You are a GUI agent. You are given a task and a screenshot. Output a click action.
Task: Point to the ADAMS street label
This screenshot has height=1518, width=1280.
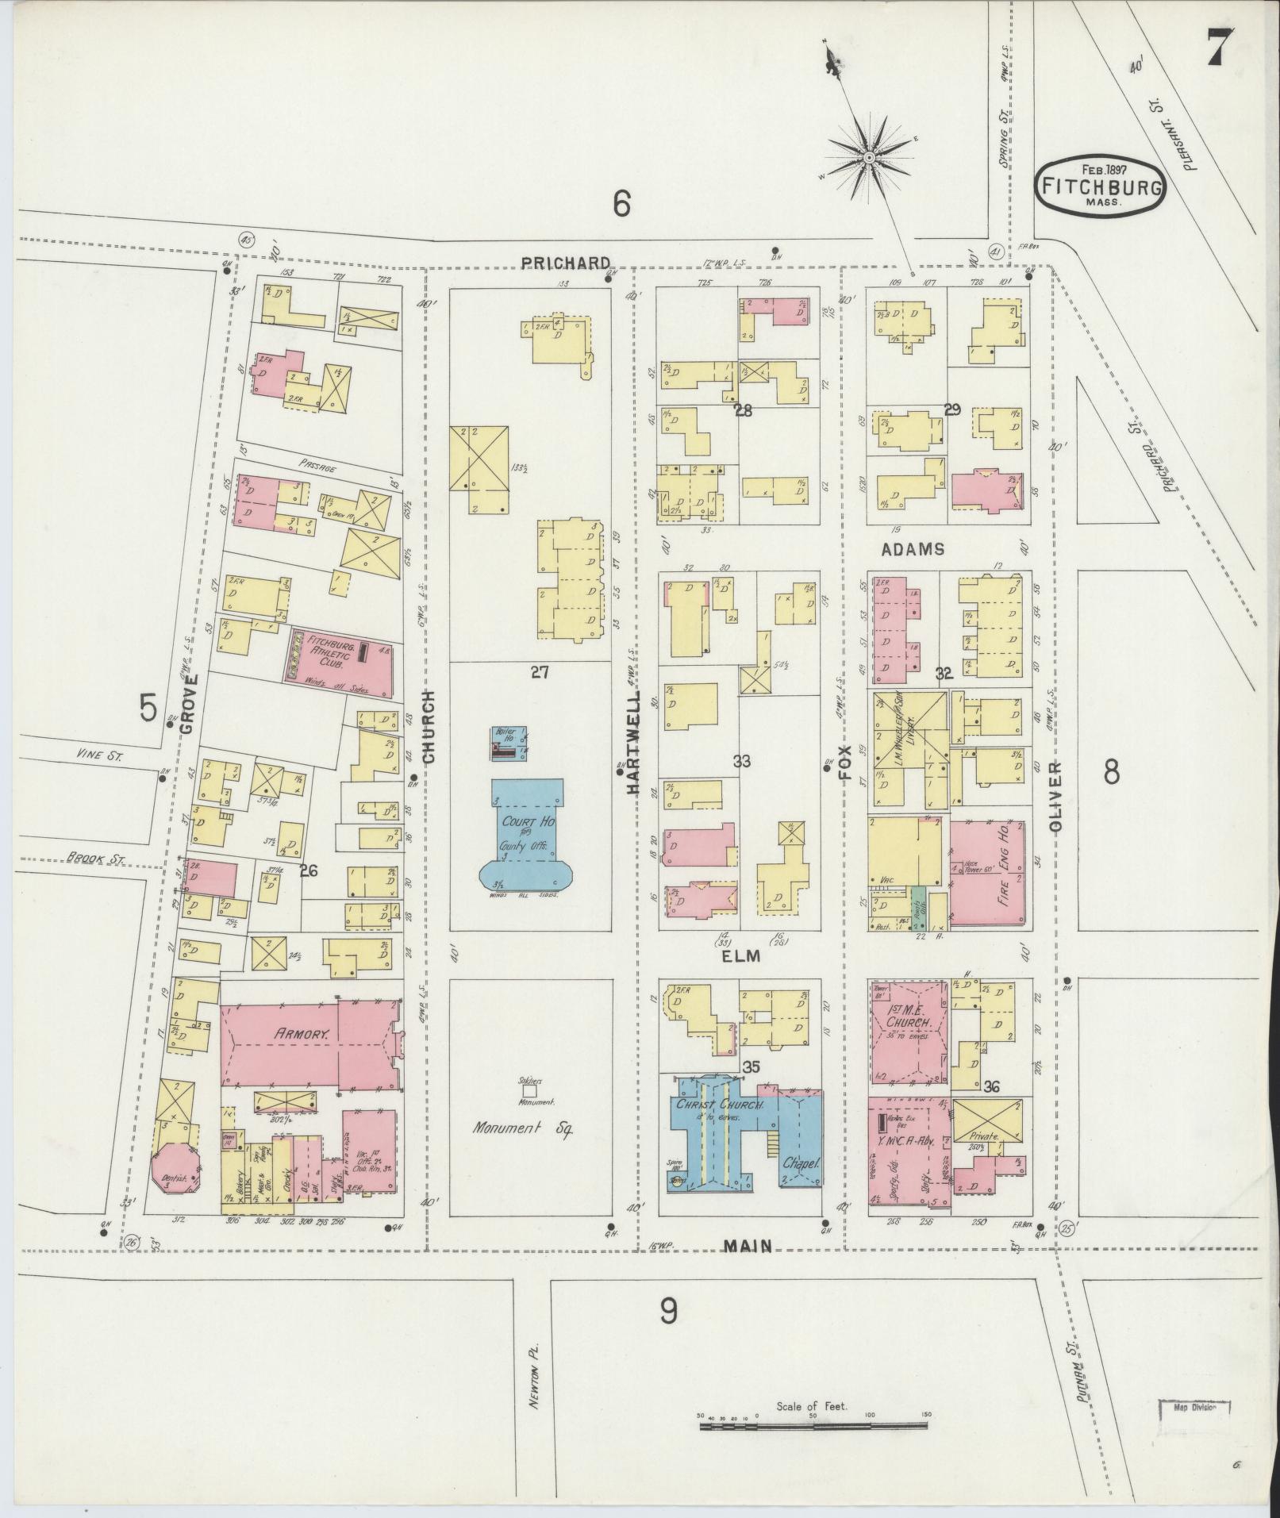point(912,549)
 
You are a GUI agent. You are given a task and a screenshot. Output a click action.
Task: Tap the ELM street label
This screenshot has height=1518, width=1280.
point(741,956)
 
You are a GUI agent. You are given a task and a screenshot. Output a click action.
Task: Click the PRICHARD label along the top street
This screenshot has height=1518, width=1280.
point(566,263)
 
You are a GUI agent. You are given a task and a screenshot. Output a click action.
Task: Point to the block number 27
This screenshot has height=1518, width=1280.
point(540,673)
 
